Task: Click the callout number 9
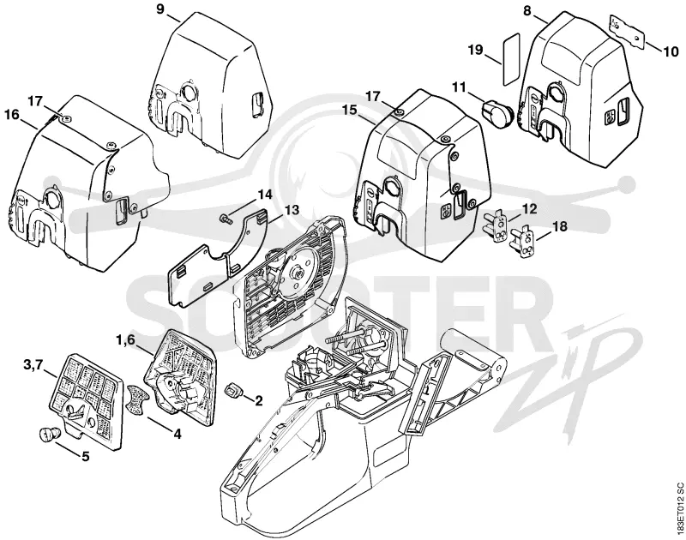click(160, 9)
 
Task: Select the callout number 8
click(527, 10)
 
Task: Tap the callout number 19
click(476, 50)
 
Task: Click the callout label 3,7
click(33, 364)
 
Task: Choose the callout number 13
click(291, 210)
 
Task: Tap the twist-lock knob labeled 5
click(48, 435)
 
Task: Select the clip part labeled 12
click(497, 226)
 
